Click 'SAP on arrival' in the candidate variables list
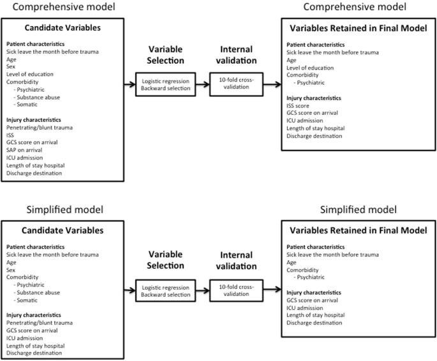click(26, 149)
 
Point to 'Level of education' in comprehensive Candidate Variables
click(30, 74)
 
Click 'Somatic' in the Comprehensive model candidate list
click(28, 104)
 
